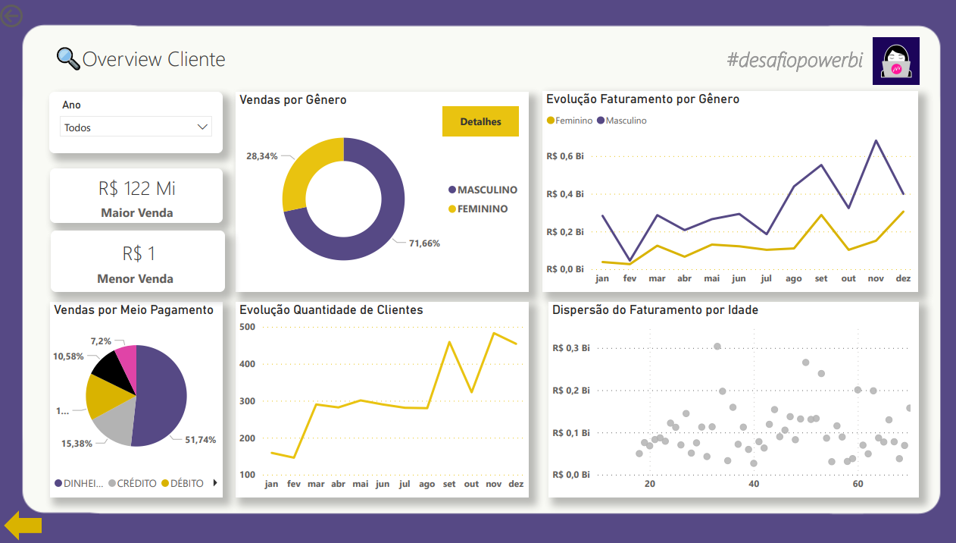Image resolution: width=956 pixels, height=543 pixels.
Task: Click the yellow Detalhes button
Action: (x=480, y=121)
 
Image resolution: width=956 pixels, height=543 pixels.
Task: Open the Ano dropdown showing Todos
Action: (x=136, y=127)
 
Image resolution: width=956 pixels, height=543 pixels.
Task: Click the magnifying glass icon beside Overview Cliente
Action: (x=67, y=59)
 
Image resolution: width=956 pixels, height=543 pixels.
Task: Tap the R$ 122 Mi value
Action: (x=136, y=189)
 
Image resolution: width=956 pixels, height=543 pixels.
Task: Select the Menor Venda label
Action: (x=136, y=278)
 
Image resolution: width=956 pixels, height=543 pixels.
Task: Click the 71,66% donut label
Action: (x=424, y=243)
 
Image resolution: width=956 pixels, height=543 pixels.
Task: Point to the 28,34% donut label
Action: (x=261, y=155)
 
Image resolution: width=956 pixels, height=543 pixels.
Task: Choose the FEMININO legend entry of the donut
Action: (x=482, y=209)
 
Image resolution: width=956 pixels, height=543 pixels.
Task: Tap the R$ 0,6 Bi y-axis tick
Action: (x=564, y=156)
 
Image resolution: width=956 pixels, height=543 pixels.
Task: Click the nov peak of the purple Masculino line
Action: (x=876, y=140)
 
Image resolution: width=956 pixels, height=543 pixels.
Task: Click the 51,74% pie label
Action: (x=201, y=440)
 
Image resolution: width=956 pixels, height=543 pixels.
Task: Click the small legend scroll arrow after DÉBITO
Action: (x=215, y=482)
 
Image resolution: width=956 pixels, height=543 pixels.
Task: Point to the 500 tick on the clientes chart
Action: (x=248, y=327)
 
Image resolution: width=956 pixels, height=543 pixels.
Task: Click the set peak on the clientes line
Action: (x=450, y=342)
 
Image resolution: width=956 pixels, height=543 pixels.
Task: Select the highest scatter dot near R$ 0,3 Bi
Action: (x=717, y=347)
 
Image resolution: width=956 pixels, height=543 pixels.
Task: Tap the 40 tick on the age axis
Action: (x=753, y=484)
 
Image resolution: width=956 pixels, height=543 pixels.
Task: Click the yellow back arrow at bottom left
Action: (x=23, y=525)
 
